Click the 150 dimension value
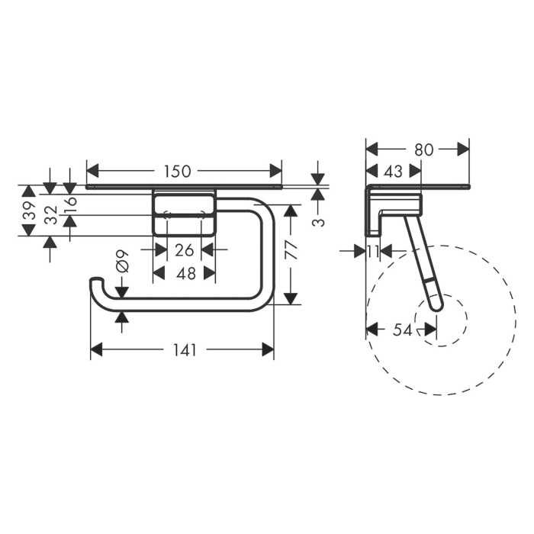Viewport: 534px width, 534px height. click(x=178, y=171)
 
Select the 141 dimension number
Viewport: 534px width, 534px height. click(x=184, y=350)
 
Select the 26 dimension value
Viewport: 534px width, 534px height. click(x=184, y=249)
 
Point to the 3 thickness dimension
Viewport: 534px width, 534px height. click(x=320, y=221)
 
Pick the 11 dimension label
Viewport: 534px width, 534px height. click(x=372, y=250)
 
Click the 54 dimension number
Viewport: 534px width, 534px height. click(x=402, y=330)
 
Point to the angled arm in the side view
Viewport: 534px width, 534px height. click(x=424, y=259)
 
